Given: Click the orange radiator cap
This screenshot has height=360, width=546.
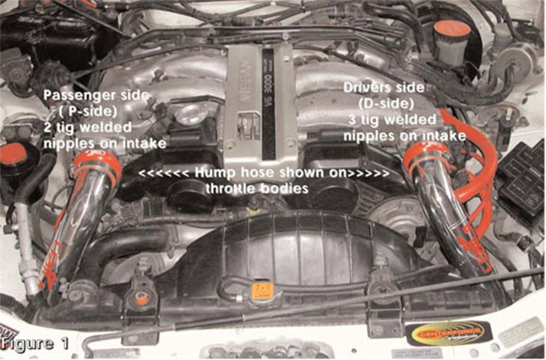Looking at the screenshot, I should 262,290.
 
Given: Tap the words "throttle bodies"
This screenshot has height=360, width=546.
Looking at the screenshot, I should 264,187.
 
